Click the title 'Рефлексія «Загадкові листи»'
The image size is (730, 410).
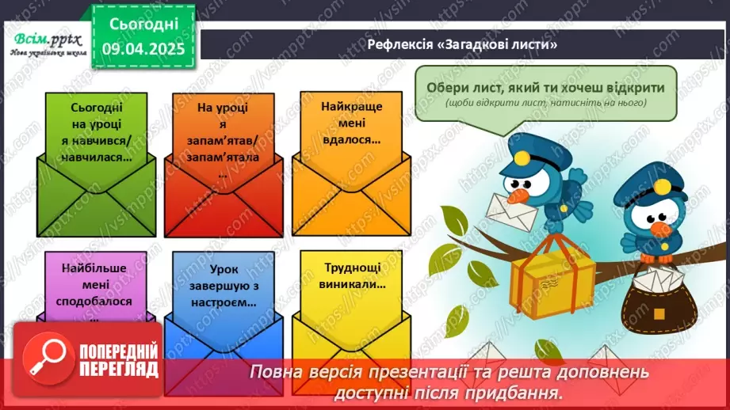[x=464, y=44]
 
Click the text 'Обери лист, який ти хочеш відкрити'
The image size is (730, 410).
[x=545, y=88]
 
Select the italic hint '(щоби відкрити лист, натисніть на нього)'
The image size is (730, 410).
[x=545, y=104]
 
